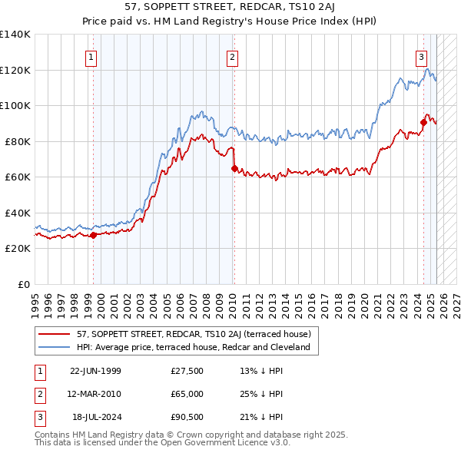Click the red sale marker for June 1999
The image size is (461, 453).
(x=94, y=235)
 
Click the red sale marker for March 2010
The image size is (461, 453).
(x=234, y=168)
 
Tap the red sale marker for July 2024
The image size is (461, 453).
(x=423, y=122)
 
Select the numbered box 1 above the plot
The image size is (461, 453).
(x=91, y=56)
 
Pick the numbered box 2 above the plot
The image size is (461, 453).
(x=232, y=56)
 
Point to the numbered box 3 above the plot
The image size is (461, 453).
(x=422, y=56)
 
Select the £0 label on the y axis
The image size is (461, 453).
(x=25, y=284)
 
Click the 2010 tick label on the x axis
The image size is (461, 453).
(x=232, y=301)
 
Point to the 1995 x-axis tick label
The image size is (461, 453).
(x=35, y=301)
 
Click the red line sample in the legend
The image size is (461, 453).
(x=55, y=334)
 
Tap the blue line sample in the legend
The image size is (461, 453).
(x=55, y=347)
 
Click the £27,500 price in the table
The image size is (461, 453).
(x=187, y=371)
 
